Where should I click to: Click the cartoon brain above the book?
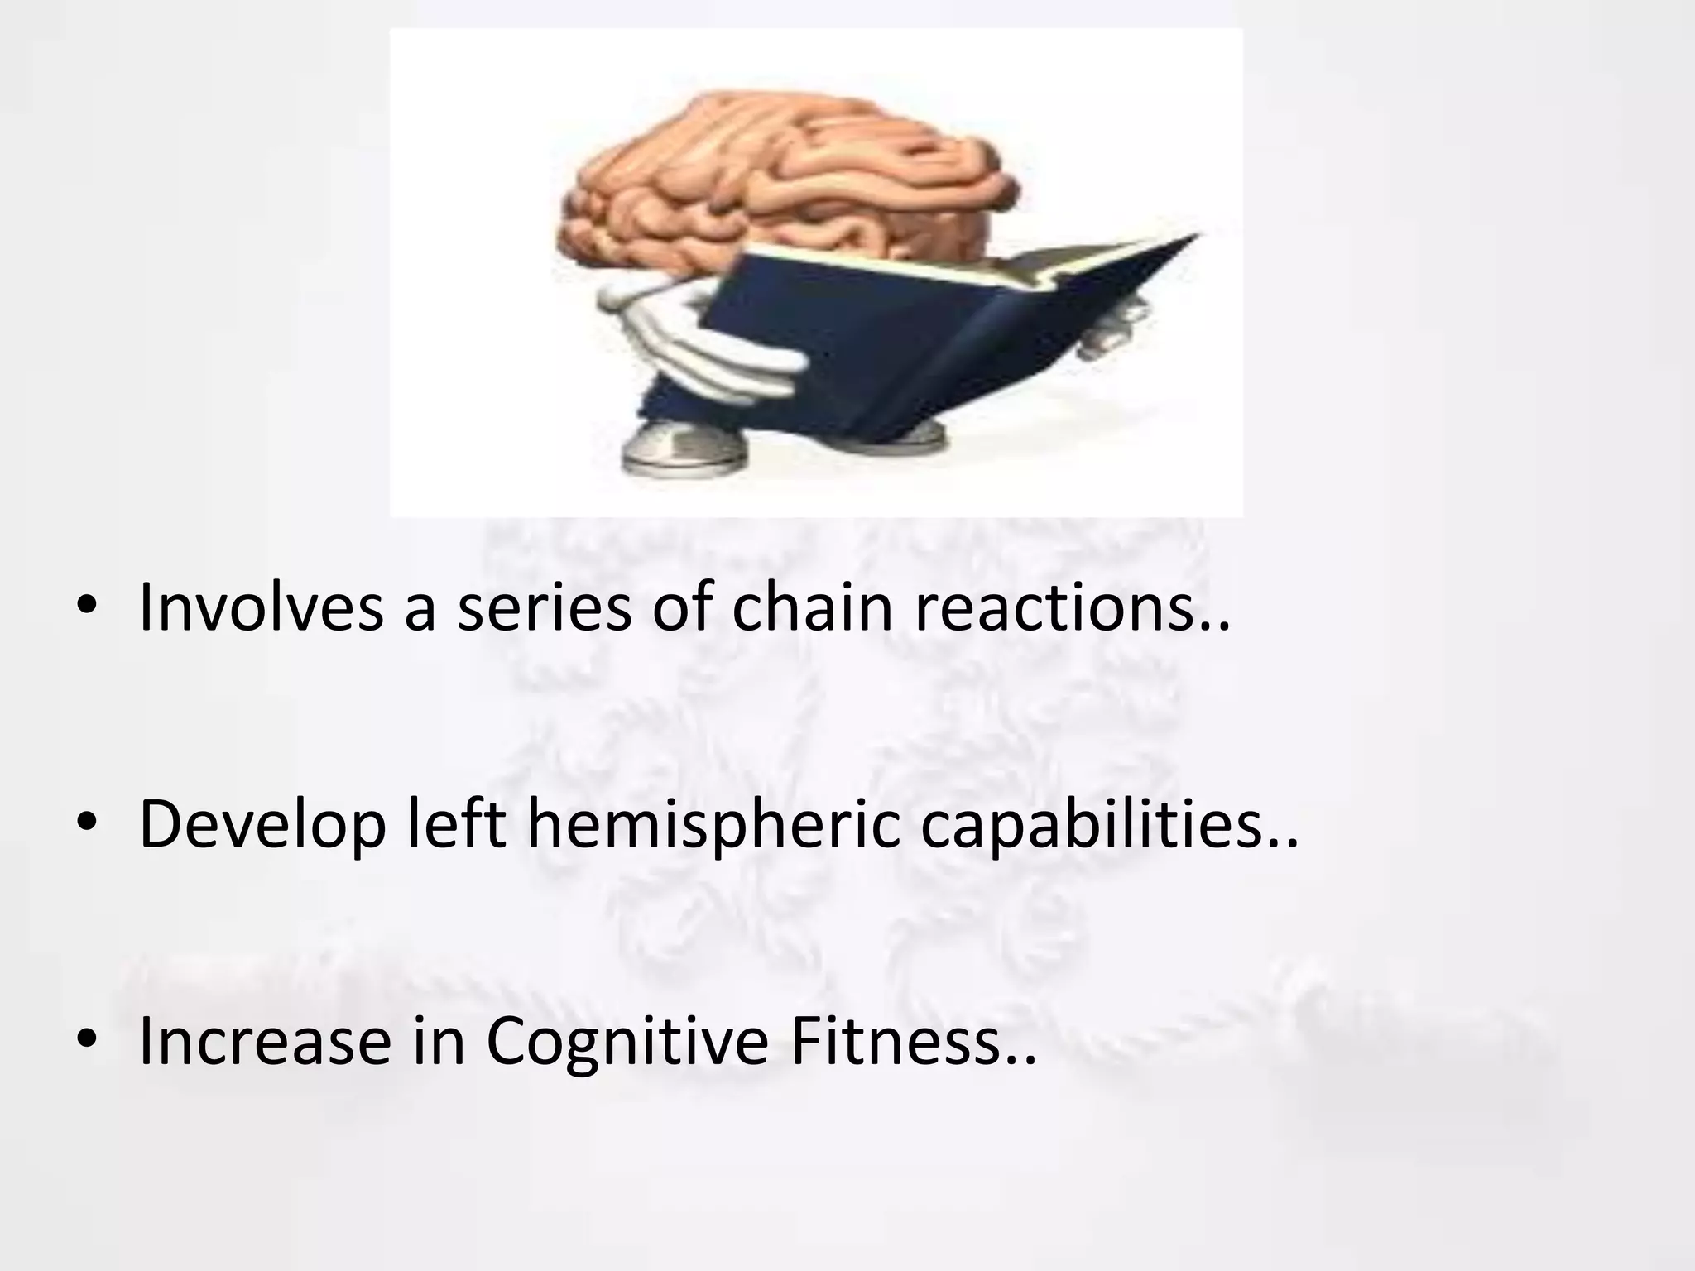pos(786,174)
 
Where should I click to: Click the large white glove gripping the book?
pos(712,348)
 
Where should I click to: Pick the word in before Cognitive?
pos(439,1041)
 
